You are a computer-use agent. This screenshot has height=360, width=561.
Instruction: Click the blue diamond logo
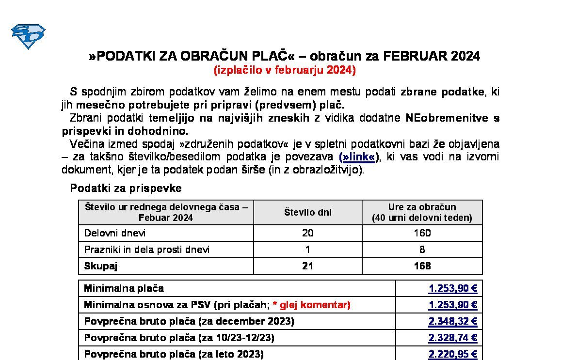pyautogui.click(x=28, y=36)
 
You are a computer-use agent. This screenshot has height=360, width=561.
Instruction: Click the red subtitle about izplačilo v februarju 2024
pyautogui.click(x=285, y=70)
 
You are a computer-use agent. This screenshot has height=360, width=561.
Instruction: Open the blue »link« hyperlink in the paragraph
pyautogui.click(x=358, y=157)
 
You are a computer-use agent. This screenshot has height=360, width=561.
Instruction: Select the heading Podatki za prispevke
pyautogui.click(x=126, y=188)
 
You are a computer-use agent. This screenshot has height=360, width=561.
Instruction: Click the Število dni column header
pyautogui.click(x=307, y=212)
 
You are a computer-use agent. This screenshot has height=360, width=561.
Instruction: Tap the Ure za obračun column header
pyautogui.click(x=422, y=212)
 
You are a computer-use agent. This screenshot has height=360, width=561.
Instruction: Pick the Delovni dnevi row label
pyautogui.click(x=115, y=233)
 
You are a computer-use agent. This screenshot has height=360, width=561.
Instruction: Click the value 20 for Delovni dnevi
pyautogui.click(x=307, y=233)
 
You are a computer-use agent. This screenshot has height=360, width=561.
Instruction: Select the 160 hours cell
pyautogui.click(x=422, y=233)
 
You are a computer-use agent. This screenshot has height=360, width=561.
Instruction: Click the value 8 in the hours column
pyautogui.click(x=422, y=250)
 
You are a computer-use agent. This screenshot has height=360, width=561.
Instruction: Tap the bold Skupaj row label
pyautogui.click(x=101, y=266)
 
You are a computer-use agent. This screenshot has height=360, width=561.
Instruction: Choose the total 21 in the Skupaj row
pyautogui.click(x=307, y=266)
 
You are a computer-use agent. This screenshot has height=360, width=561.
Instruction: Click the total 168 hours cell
pyautogui.click(x=422, y=266)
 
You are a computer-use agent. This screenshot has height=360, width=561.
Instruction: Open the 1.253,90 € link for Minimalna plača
pyautogui.click(x=453, y=289)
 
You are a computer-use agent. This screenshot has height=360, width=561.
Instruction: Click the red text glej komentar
pyautogui.click(x=315, y=305)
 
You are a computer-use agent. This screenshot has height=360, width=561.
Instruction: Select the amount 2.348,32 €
pyautogui.click(x=453, y=322)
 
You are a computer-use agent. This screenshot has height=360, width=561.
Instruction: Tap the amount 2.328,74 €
pyautogui.click(x=453, y=338)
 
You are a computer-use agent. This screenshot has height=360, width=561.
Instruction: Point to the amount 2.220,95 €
pyautogui.click(x=453, y=355)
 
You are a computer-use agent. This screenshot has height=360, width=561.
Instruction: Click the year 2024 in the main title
pyautogui.click(x=465, y=56)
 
